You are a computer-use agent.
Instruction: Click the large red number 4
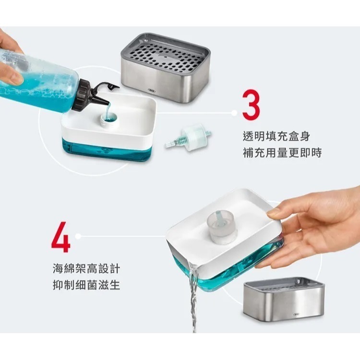point(60,236)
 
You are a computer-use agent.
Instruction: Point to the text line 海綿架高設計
point(86,267)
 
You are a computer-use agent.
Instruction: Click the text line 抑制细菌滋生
point(86,285)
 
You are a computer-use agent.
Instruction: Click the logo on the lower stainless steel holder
point(296,315)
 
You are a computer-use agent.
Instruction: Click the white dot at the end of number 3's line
point(234,113)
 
